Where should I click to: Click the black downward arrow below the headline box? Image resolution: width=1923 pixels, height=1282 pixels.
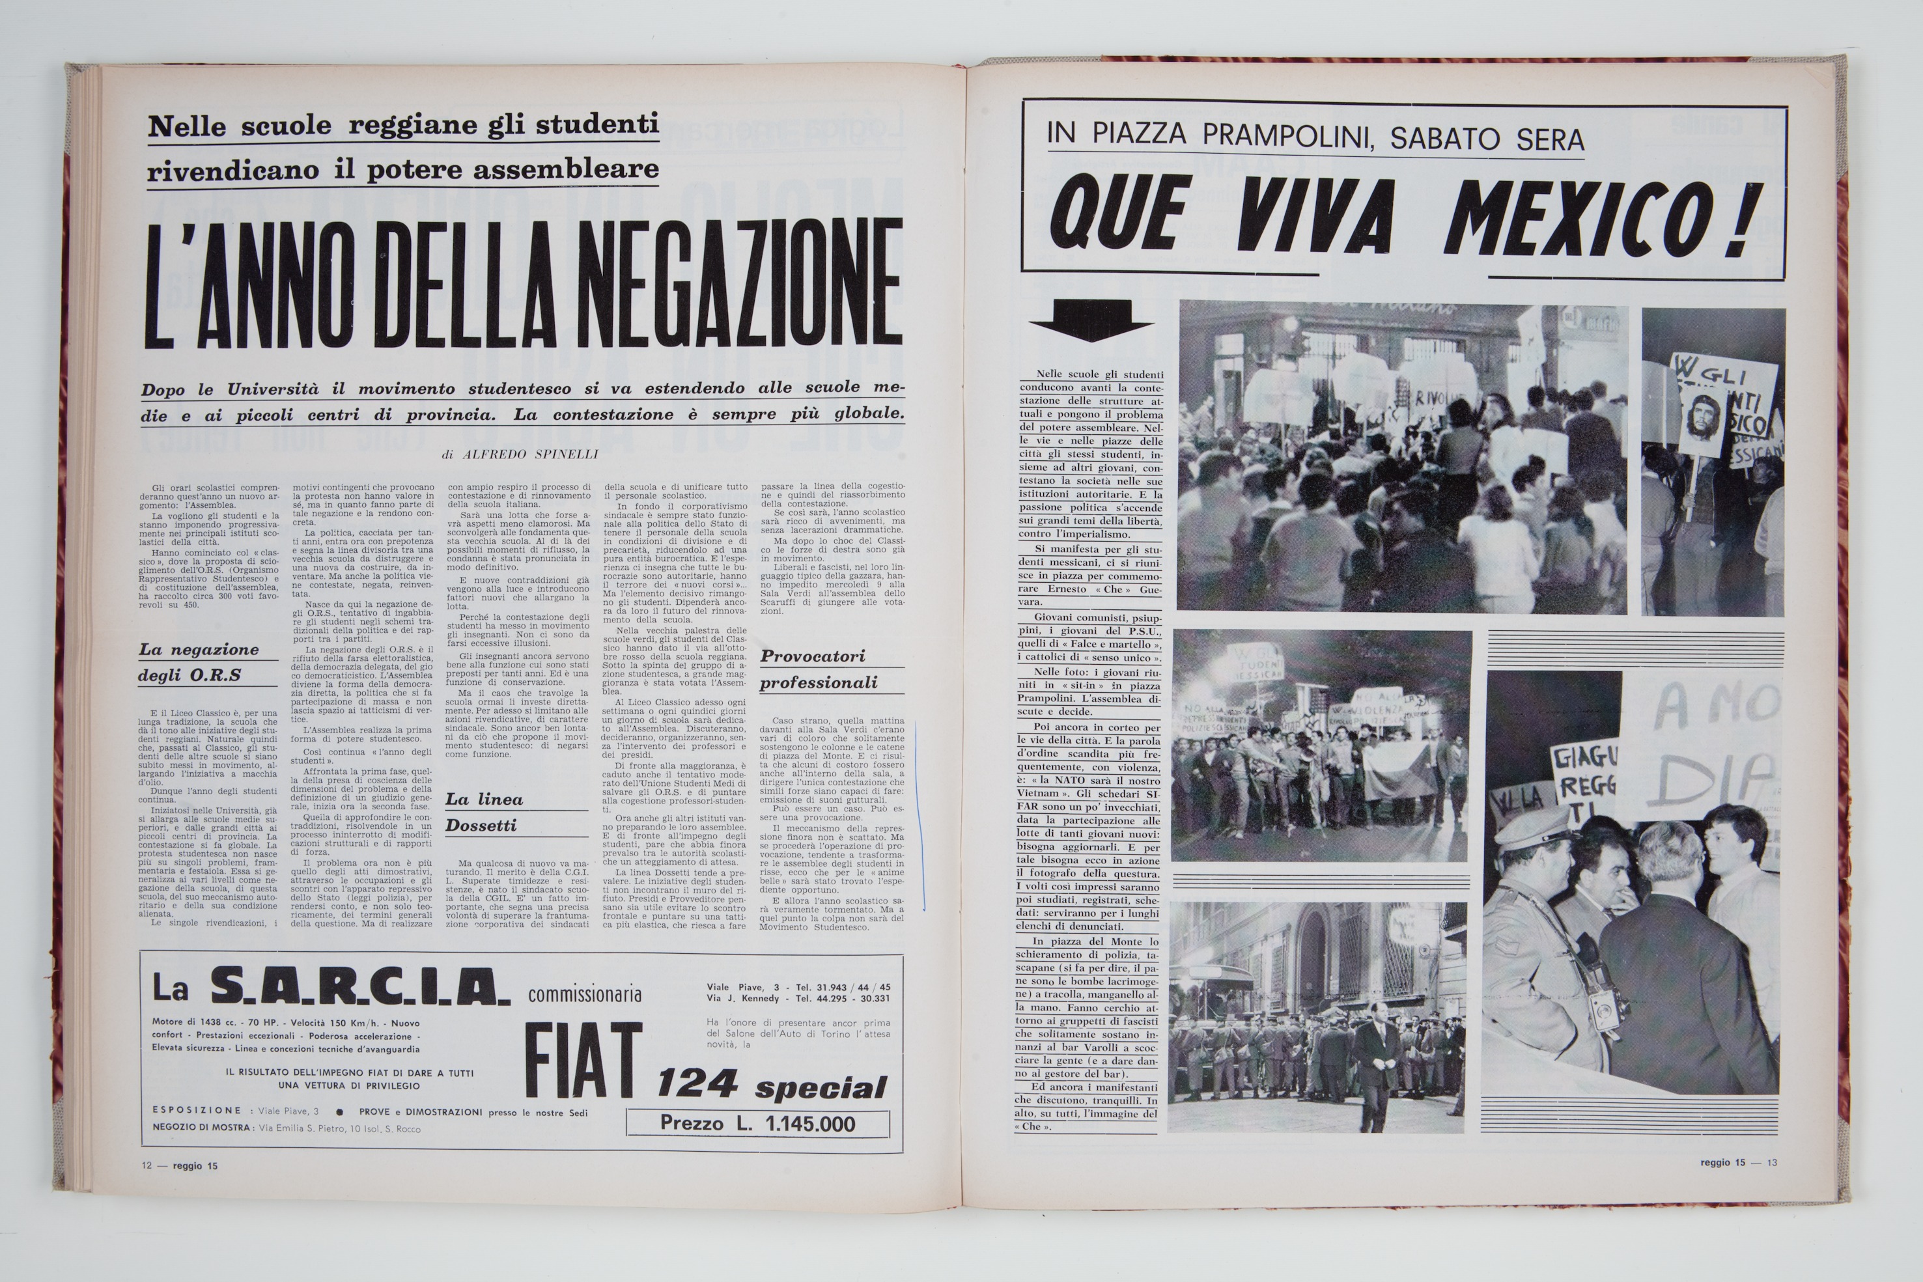point(1091,319)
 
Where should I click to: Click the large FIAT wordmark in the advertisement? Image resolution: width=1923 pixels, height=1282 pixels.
point(583,1061)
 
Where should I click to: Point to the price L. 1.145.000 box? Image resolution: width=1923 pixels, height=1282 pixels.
point(757,1123)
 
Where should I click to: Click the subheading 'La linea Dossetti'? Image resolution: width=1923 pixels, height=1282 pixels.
point(483,812)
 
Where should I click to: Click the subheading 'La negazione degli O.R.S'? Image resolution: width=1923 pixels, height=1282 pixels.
point(199,662)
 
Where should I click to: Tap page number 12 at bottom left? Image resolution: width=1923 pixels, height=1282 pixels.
point(147,1166)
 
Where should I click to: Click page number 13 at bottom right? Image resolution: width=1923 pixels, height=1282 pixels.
point(1772,1163)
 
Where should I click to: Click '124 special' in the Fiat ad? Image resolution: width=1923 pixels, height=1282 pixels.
point(771,1086)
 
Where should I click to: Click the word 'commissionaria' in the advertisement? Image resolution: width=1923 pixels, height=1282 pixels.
point(585,994)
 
